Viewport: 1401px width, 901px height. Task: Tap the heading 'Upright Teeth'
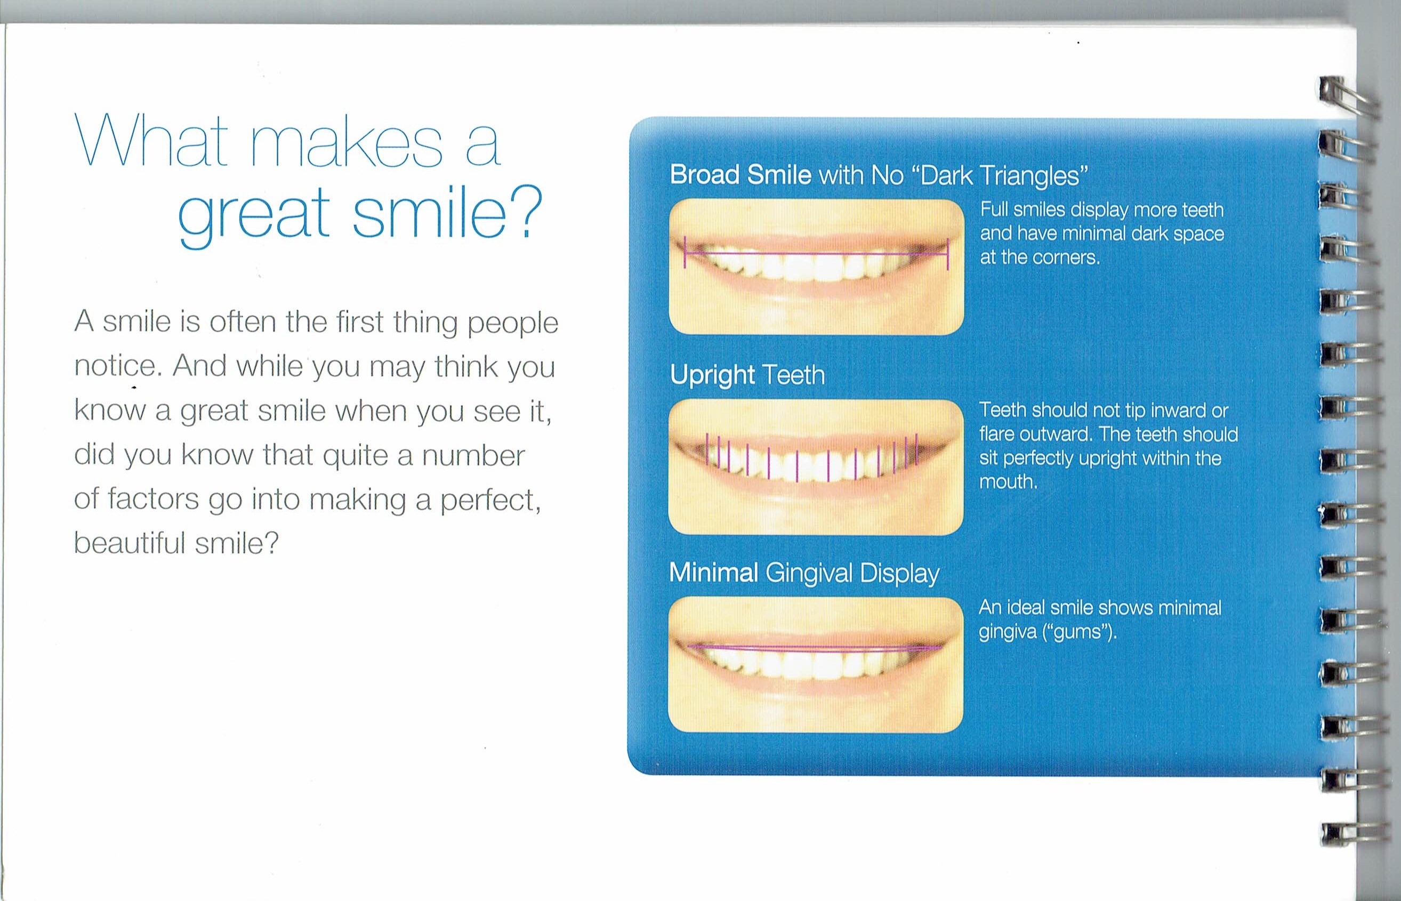[x=747, y=375]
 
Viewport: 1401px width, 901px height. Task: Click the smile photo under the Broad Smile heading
[x=816, y=267]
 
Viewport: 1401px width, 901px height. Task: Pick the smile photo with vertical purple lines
[x=816, y=467]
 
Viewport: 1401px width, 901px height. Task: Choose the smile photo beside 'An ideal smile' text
[x=816, y=664]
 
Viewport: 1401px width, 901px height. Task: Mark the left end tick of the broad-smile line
[x=685, y=252]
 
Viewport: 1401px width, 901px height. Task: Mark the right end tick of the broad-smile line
[x=947, y=254]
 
